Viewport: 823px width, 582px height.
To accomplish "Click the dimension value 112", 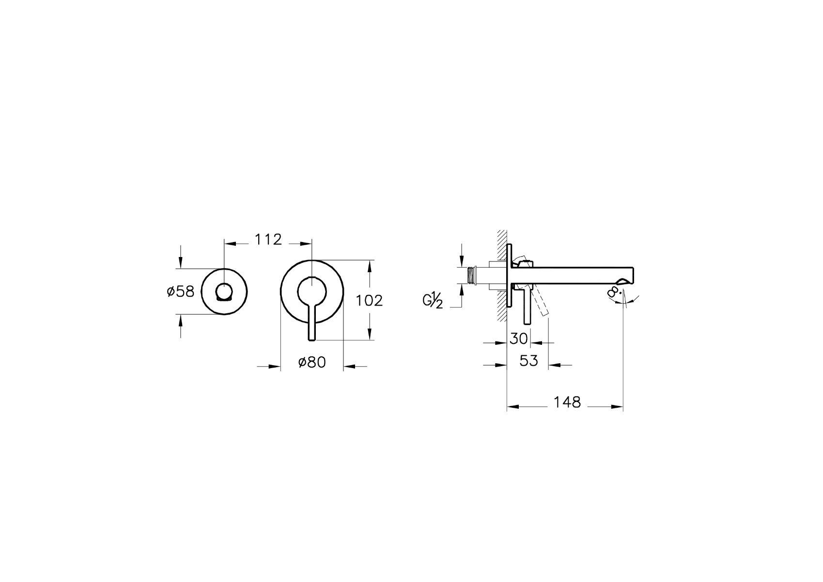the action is click(x=268, y=240).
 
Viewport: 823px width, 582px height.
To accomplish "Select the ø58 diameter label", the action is click(x=180, y=292).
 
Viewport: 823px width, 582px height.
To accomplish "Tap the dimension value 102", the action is click(x=369, y=301).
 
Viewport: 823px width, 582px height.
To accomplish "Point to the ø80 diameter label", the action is click(x=312, y=362).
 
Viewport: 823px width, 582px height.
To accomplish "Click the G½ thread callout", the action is click(x=433, y=300).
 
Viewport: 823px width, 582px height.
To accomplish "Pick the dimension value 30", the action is click(x=518, y=339).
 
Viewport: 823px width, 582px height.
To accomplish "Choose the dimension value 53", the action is click(x=528, y=361).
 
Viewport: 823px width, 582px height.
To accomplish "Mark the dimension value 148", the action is click(x=567, y=403).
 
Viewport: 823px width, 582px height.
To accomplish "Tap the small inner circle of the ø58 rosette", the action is click(x=224, y=292).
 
